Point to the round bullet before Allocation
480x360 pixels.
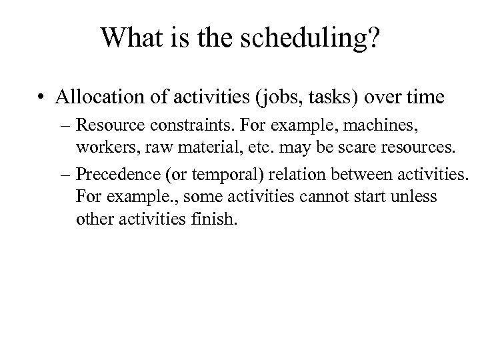click(42, 98)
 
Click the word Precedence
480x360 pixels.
click(113, 175)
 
